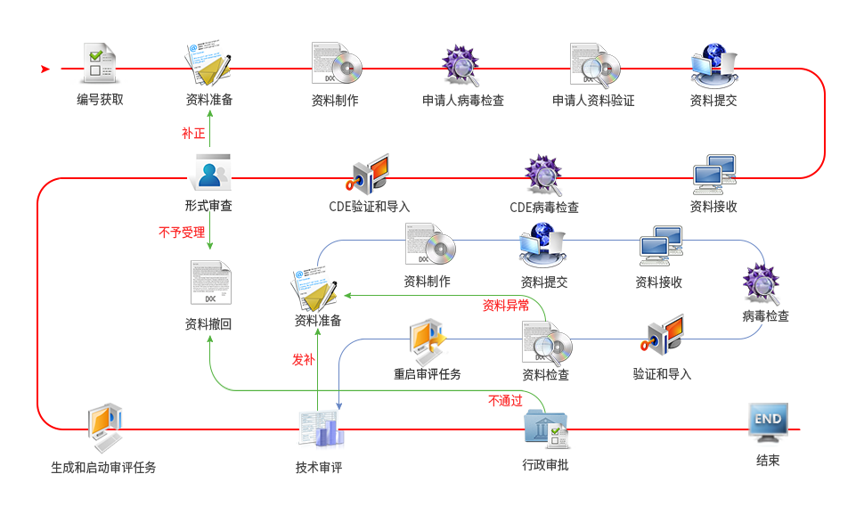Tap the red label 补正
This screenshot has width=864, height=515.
(193, 134)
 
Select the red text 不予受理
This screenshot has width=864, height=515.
(182, 233)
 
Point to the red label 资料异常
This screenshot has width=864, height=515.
(506, 306)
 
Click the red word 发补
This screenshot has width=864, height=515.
(303, 359)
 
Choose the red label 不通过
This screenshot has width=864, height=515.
(505, 401)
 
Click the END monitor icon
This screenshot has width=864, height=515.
(768, 422)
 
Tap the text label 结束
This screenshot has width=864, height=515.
(768, 461)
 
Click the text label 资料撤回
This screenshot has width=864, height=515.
(208, 324)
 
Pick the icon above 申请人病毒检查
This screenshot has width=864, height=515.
(461, 64)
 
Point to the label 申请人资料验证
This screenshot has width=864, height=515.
(593, 101)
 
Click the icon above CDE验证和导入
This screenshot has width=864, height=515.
(371, 174)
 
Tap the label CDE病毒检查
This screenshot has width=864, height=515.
(543, 208)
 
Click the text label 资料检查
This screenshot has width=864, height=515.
(546, 374)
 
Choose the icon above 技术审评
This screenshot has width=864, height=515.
(319, 429)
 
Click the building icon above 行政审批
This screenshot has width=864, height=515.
(545, 429)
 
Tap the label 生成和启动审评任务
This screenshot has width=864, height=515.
(103, 467)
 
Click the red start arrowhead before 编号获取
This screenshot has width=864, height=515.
(45, 69)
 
